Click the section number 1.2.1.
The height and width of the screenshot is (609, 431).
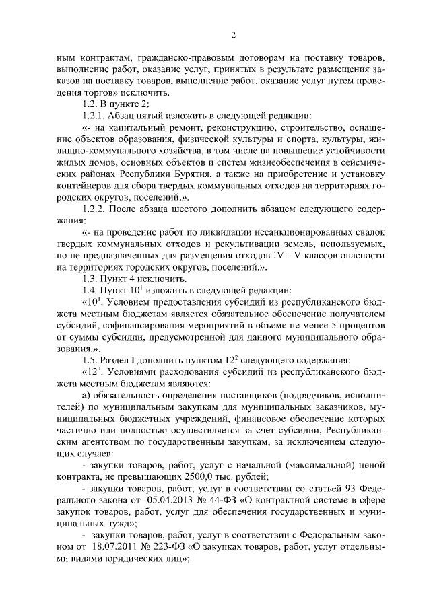coord(92,115)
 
